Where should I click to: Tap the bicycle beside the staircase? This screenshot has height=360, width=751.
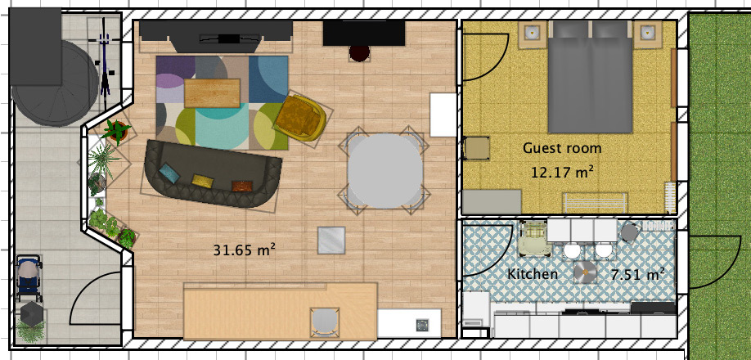coord(105,62)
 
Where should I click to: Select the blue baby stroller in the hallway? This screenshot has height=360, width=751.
coord(29,277)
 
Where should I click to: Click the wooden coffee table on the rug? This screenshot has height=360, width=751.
coord(213,92)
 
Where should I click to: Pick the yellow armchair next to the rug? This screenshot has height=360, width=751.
coord(300,118)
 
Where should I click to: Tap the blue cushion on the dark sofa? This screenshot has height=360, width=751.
coord(170,173)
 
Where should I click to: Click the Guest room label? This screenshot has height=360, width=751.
coord(562,148)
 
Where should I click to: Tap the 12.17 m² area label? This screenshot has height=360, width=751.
coord(562,173)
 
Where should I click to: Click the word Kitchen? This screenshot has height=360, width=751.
coord(533,274)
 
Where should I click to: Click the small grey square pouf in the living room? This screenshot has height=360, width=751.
coord(331,240)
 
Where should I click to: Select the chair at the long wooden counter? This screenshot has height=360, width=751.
coord(325,321)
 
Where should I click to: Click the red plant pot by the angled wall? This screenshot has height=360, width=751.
coord(115,129)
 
